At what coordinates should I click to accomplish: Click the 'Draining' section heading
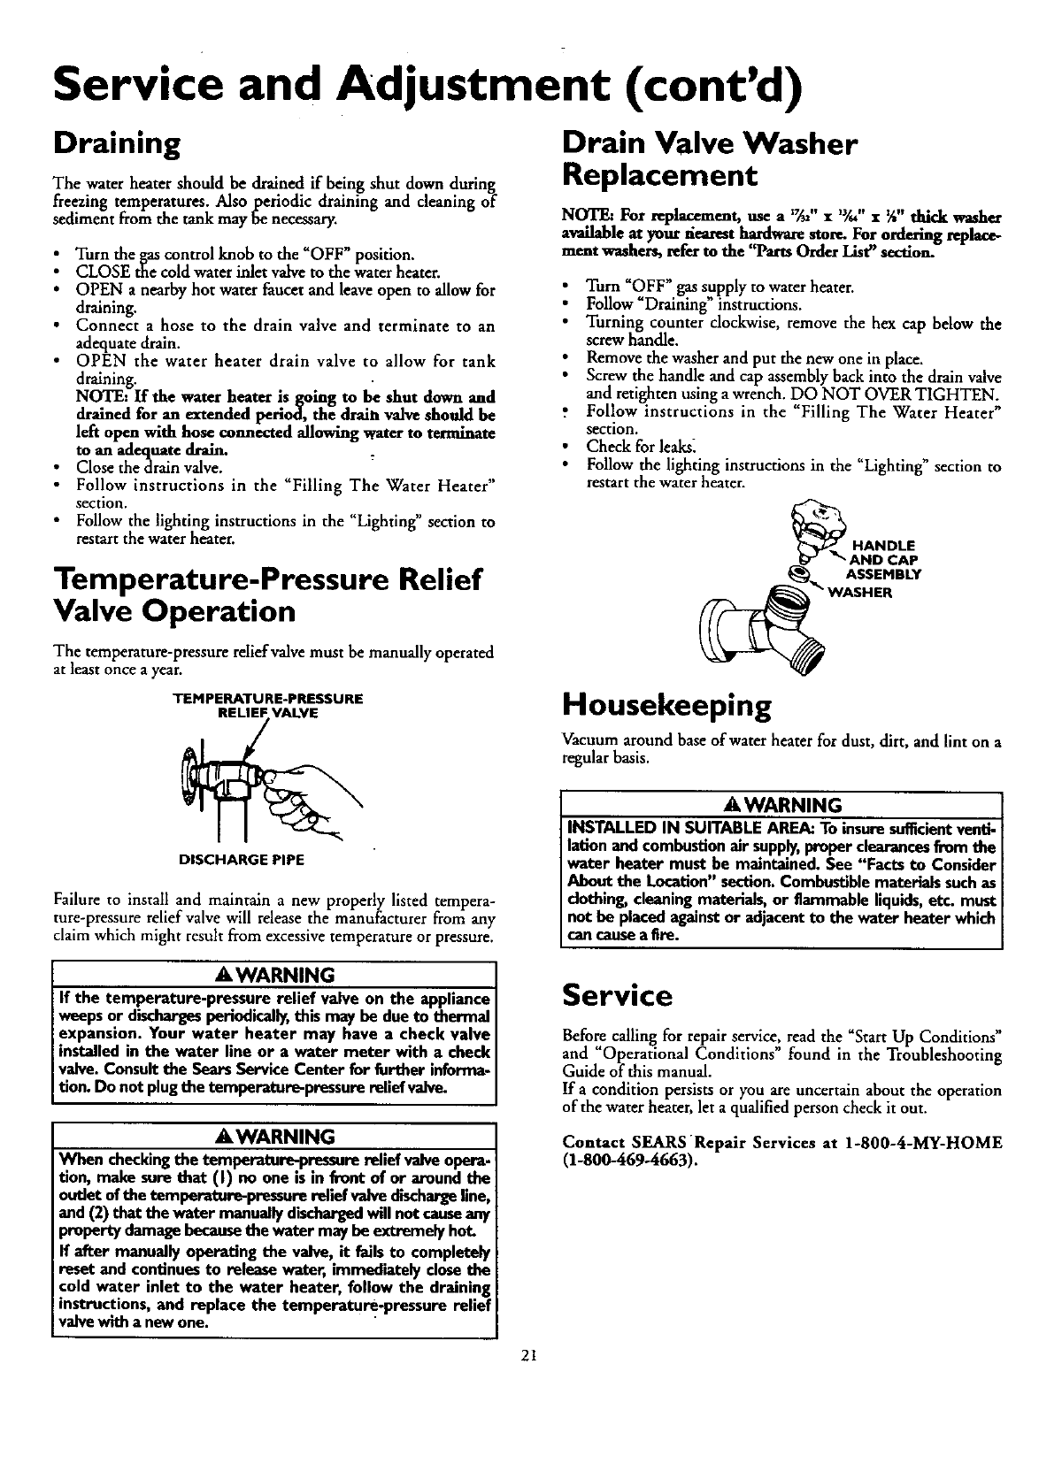[x=117, y=143]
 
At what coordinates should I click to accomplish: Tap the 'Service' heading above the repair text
[x=618, y=996]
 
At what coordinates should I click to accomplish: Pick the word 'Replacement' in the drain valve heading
[x=660, y=174]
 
